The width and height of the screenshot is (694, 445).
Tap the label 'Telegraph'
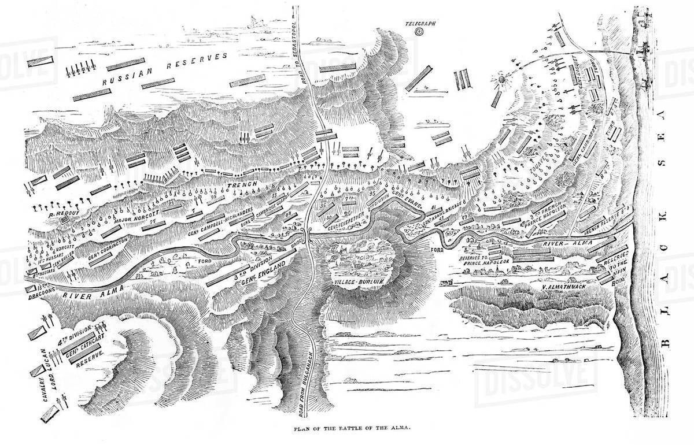tap(419, 24)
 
